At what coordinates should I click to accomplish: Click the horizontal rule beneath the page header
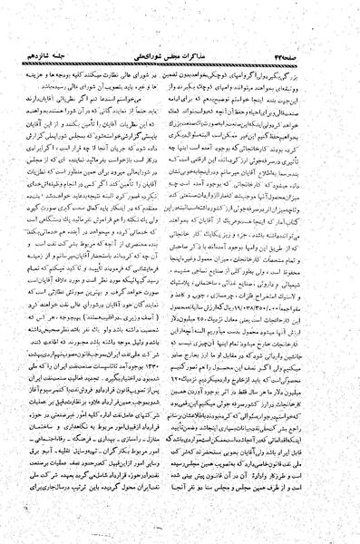[180, 21]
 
